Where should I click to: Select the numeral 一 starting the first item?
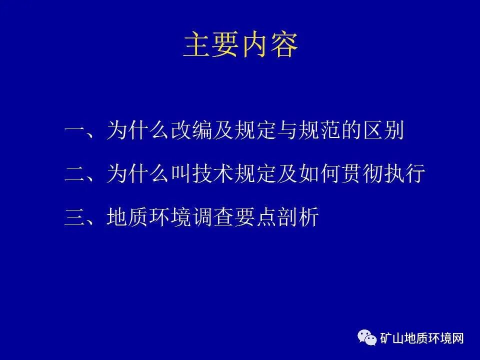tap(75, 132)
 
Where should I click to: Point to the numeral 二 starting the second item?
tap(75, 174)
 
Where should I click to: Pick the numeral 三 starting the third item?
tap(75, 217)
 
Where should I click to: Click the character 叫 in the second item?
tap(180, 174)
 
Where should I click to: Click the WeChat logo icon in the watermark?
tap(367, 338)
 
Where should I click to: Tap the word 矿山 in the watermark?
tap(392, 338)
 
